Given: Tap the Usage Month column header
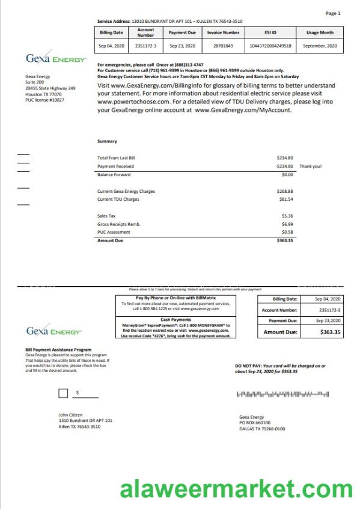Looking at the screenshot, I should point(320,32).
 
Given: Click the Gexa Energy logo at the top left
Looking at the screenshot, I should point(56,59).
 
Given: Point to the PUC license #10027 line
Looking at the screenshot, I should point(44,100).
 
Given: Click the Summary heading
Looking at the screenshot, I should point(107,141).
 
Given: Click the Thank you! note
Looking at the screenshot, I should point(310,166).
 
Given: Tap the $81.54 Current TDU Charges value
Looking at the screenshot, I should point(285,199).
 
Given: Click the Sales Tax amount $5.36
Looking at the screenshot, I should point(287,215).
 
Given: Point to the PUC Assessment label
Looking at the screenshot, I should point(114,231).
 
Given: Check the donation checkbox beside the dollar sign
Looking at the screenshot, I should point(63,394).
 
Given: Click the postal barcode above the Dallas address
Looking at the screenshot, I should point(282,394).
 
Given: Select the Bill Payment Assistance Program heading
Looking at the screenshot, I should point(58,349).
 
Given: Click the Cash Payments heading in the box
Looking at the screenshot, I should point(175,320).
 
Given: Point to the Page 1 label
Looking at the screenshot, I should point(332,13).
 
